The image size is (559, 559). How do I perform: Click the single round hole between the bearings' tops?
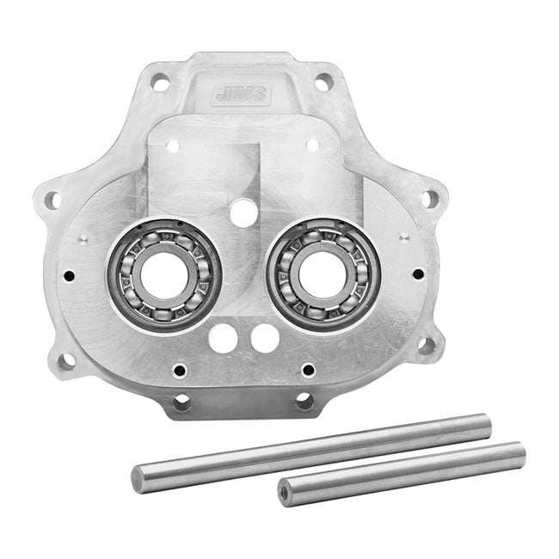point(244,212)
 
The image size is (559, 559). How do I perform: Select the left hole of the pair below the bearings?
point(224,337)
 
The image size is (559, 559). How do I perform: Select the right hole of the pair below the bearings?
point(266,337)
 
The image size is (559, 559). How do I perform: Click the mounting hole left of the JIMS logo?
point(159,84)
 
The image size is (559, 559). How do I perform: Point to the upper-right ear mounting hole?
point(427,199)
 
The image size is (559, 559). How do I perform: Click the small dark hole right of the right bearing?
point(418,274)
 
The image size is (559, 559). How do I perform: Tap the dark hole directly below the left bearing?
point(180,372)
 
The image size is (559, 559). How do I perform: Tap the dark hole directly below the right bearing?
point(307,370)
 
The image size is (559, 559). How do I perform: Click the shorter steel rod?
point(404,473)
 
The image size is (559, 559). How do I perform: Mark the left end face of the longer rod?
point(138,479)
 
